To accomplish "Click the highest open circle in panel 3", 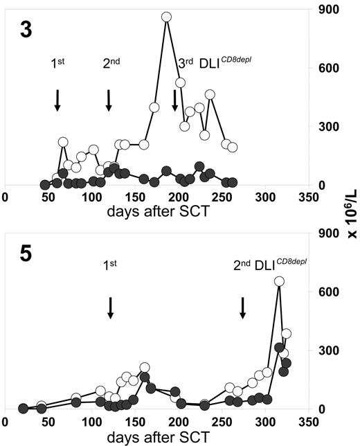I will click(x=166, y=17).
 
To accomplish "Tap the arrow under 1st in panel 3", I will click(x=57, y=100).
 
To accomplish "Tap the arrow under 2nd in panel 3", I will click(x=109, y=100).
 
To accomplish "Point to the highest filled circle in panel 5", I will click(x=280, y=348).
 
